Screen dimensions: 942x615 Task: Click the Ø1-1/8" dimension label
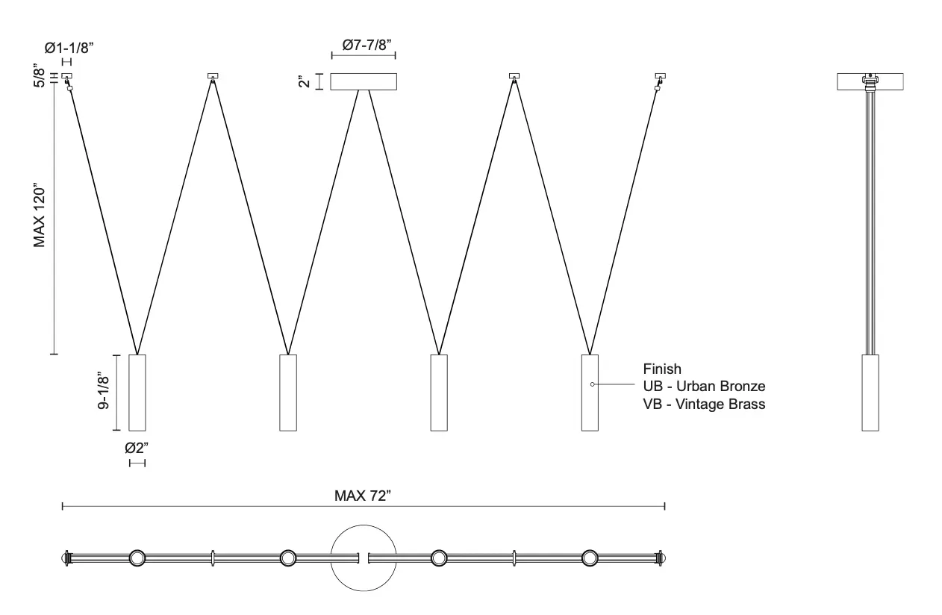pos(69,48)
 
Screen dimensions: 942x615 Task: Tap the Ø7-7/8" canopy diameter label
pos(366,45)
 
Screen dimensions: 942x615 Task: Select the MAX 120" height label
pos(39,215)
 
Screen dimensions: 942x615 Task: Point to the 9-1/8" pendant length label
pos(104,390)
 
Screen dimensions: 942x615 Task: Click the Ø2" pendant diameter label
pos(137,448)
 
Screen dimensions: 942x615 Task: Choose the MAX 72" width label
pos(363,496)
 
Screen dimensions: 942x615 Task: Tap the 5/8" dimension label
pos(39,75)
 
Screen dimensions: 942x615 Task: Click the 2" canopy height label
pos(304,81)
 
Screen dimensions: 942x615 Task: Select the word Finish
pos(662,369)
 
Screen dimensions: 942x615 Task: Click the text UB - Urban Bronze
pos(704,386)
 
